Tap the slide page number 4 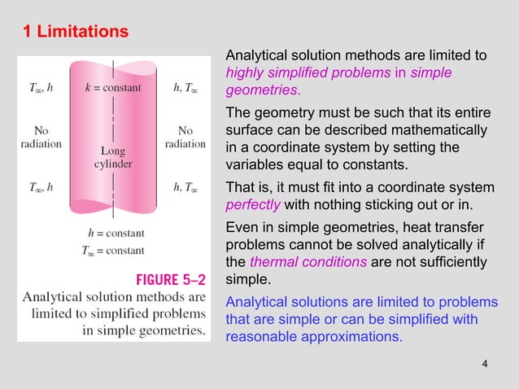[x=485, y=363]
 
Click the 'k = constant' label [x=113, y=87]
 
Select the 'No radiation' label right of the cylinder [x=185, y=137]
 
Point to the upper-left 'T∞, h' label [x=40, y=87]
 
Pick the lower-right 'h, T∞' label [x=187, y=187]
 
